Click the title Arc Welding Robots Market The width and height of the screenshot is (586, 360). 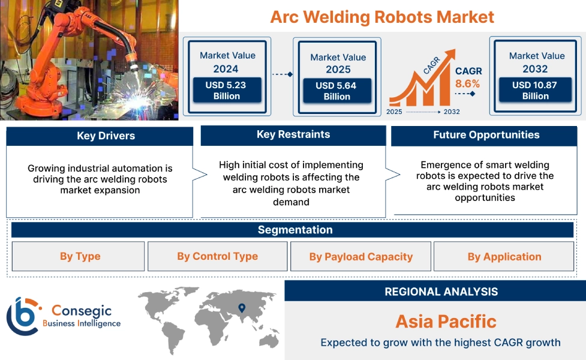pos(382,16)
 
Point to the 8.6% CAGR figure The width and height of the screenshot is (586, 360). pos(467,84)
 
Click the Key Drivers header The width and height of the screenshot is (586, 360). pos(100,136)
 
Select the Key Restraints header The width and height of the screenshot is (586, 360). pos(293,135)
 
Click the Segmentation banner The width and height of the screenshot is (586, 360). pos(294,230)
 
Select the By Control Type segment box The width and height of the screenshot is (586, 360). pos(217,257)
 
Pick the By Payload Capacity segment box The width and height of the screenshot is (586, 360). pos(360,257)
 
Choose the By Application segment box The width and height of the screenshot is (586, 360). pos(504,257)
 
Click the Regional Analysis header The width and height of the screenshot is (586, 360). pos(441,292)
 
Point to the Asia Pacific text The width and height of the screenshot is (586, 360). pos(445,321)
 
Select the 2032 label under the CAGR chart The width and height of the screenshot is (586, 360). pos(452,112)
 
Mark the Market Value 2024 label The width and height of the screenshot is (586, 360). pos(227,62)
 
